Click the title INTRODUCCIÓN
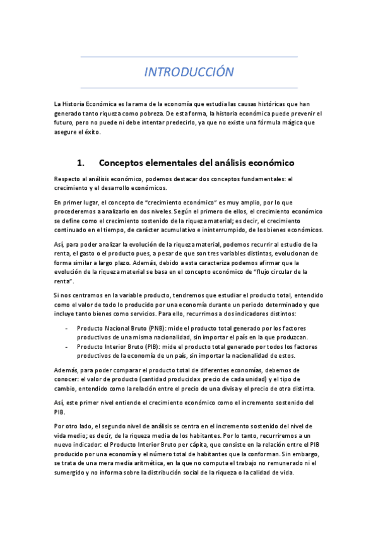click(x=189, y=72)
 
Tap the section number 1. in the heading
click(x=81, y=162)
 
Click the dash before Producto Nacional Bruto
click(x=67, y=329)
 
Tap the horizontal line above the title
click(x=189, y=57)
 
